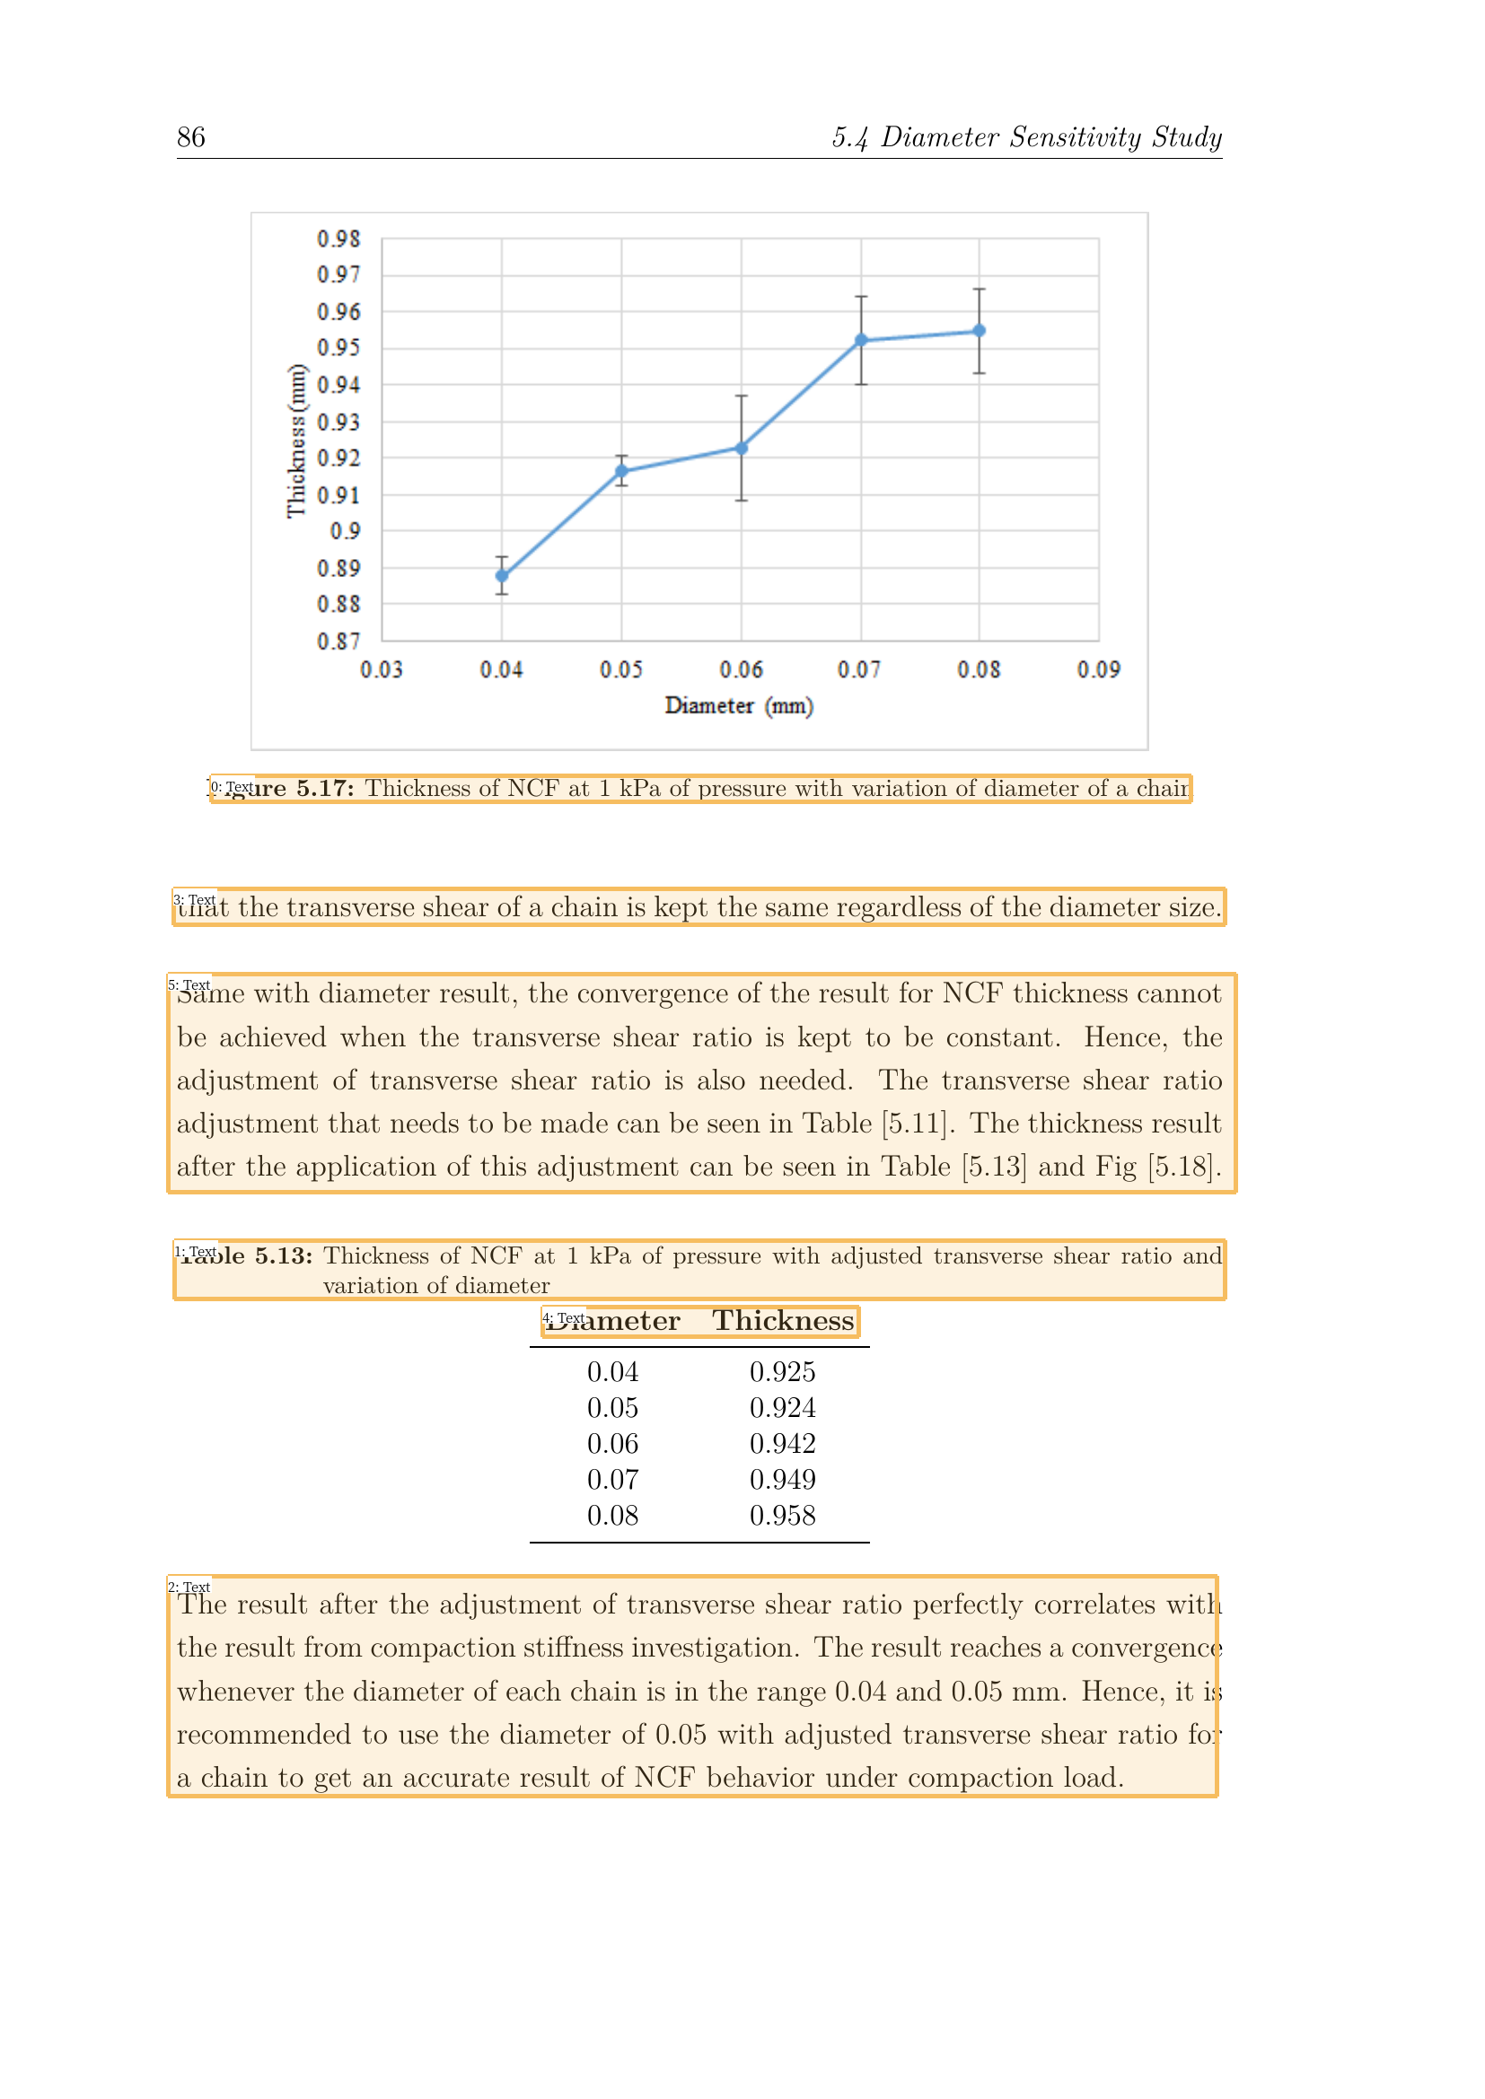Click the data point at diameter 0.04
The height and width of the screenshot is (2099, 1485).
tap(502, 576)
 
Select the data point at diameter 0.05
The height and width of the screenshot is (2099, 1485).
tap(622, 472)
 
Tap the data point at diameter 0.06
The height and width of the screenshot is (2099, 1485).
tap(742, 448)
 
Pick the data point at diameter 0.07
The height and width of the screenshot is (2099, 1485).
tap(861, 340)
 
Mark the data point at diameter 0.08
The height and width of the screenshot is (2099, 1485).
tap(980, 331)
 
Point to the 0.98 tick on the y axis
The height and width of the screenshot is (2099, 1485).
tap(338, 239)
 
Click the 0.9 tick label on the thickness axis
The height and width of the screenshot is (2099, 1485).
tap(345, 531)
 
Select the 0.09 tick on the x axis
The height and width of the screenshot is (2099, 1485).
tap(1098, 670)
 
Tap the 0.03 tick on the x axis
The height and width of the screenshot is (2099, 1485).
tap(382, 670)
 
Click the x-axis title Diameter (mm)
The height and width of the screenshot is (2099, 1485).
tap(739, 705)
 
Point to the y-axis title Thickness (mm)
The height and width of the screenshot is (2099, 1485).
tap(296, 441)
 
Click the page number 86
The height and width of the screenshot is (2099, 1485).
tap(191, 137)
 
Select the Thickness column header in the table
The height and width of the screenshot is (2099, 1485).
tap(783, 1321)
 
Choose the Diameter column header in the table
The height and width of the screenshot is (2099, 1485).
tap(613, 1321)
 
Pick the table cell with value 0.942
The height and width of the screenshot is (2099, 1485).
tap(783, 1444)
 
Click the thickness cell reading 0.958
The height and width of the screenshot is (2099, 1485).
tap(783, 1516)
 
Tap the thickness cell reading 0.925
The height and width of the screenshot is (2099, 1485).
tap(783, 1372)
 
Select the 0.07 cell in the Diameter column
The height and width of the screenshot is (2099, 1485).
tap(612, 1480)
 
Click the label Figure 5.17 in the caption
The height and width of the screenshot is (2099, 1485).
tap(284, 788)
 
